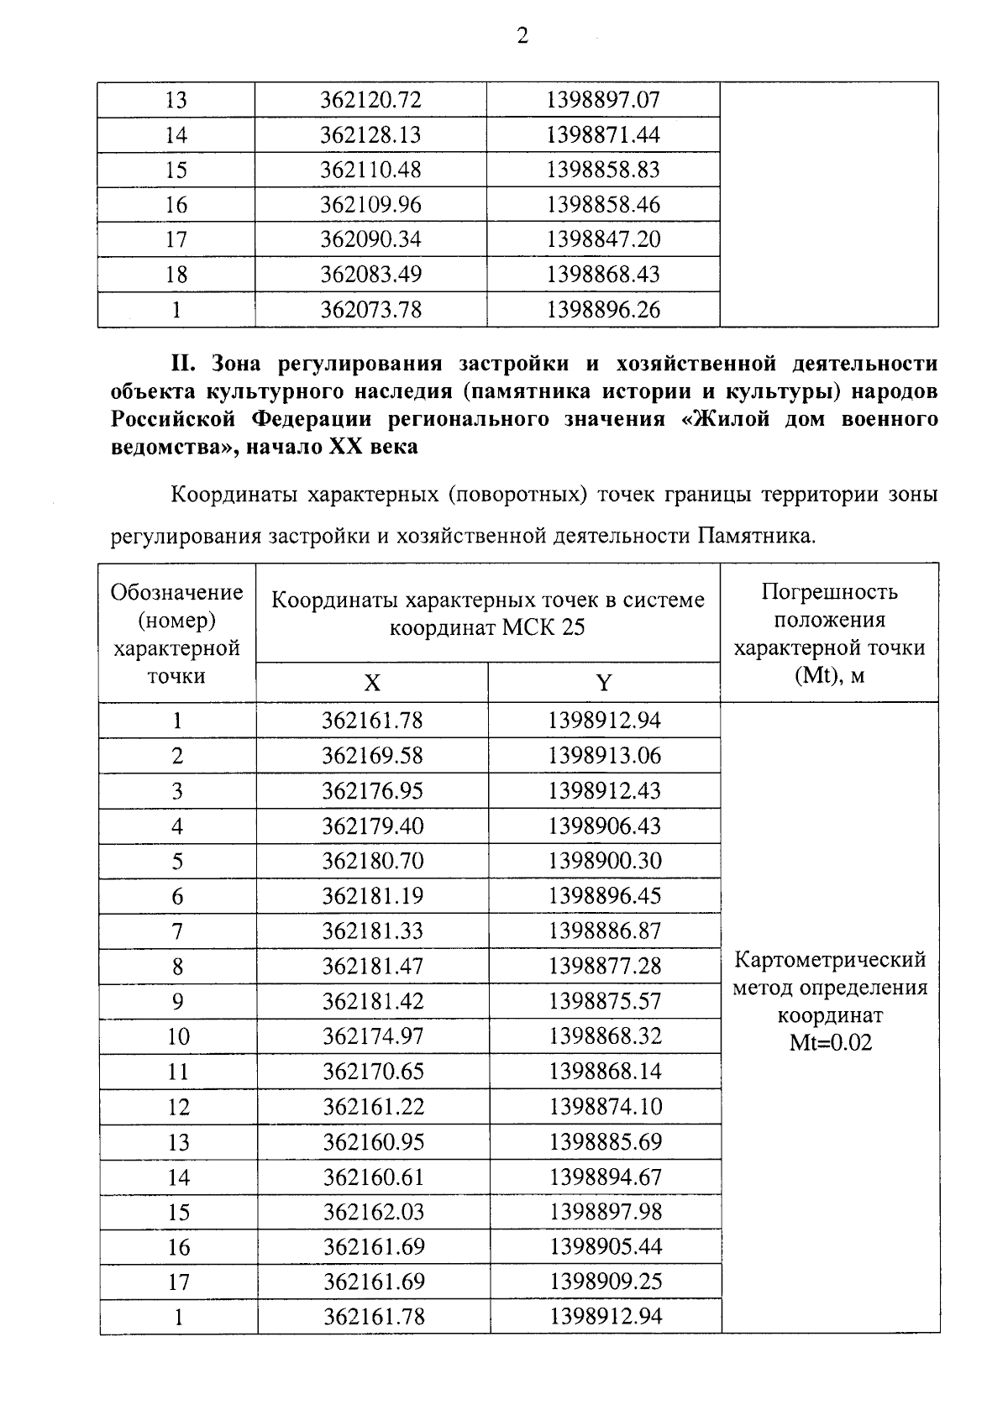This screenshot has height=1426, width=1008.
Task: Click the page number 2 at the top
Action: click(522, 36)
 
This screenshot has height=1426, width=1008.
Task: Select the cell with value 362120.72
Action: click(370, 101)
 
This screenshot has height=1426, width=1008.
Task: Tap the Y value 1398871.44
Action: click(603, 135)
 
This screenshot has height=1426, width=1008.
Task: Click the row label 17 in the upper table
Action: click(176, 240)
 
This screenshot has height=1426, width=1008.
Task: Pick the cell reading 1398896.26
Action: click(603, 311)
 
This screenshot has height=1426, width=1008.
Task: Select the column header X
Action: click(371, 683)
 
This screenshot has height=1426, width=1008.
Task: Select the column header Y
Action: click(604, 683)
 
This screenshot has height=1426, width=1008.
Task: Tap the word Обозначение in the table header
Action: click(177, 593)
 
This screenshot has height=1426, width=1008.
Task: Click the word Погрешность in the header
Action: click(829, 593)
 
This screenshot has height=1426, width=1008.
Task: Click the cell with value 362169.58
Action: click(372, 756)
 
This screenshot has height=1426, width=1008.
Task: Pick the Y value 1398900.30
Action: click(605, 862)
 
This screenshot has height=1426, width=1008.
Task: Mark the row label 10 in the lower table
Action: click(178, 1037)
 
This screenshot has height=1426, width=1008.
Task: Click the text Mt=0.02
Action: click(830, 1044)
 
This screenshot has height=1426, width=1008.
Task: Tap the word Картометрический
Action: click(830, 960)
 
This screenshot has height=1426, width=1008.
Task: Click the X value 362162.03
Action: click(374, 1213)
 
